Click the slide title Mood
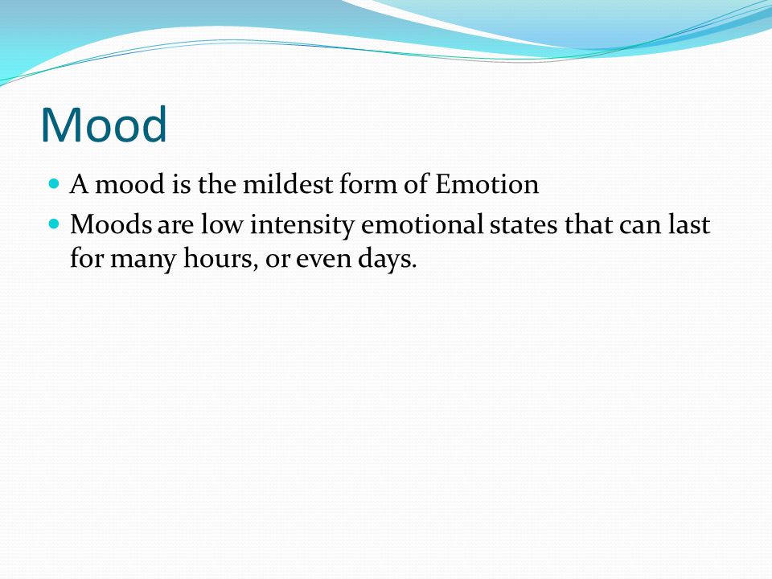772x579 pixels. (104, 125)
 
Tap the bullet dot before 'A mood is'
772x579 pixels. (54, 184)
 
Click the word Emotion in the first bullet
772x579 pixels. (487, 185)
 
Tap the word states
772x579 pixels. (524, 225)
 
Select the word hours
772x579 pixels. (220, 258)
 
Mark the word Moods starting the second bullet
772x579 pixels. (111, 224)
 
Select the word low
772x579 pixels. (222, 224)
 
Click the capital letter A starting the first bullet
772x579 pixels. (80, 185)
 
